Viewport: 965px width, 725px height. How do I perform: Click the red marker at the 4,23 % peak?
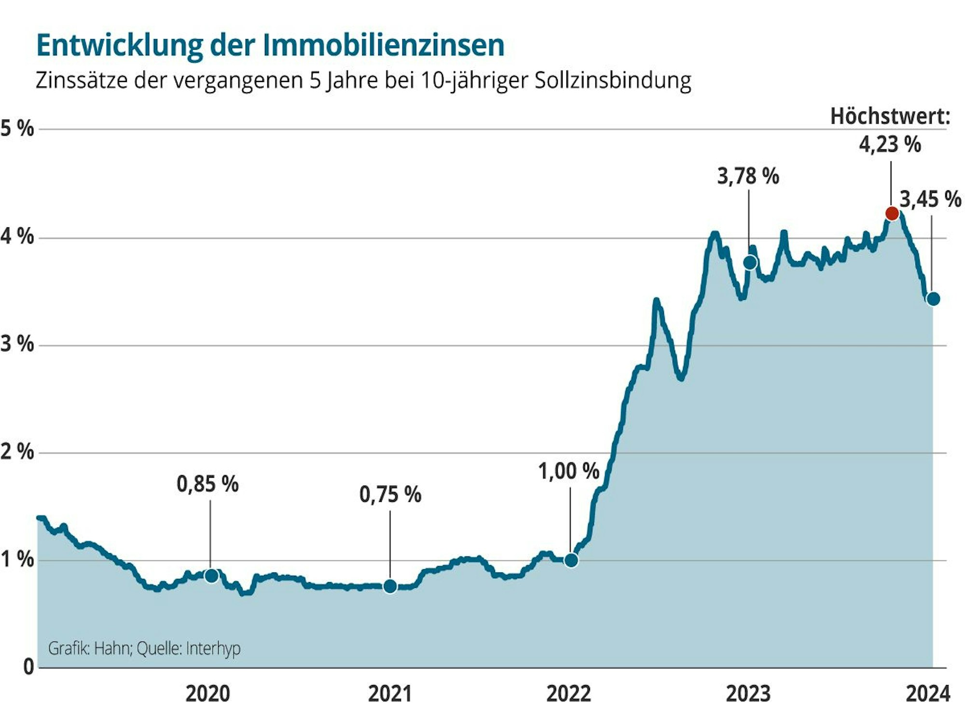coord(892,213)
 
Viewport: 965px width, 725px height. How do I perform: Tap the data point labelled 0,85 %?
coord(211,575)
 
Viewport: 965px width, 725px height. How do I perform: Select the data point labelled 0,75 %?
coord(390,586)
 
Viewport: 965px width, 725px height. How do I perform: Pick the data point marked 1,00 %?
coord(571,560)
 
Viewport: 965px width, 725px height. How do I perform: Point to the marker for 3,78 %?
coord(750,263)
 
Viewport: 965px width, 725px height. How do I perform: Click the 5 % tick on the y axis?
coord(17,129)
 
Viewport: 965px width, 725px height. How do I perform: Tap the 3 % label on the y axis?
coord(17,344)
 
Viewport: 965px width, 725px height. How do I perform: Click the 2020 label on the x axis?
coord(207,694)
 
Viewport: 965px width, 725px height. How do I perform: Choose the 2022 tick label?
coord(568,694)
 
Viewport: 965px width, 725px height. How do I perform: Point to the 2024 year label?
coord(928,694)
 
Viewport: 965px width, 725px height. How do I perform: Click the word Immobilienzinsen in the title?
coord(384,46)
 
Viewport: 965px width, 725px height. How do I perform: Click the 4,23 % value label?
coord(890,144)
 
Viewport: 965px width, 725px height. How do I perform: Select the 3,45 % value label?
coord(930,199)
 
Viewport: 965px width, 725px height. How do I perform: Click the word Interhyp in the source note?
coord(213,648)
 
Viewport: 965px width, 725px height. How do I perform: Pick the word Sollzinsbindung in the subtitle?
coord(613,80)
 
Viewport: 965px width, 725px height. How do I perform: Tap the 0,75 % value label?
coord(390,495)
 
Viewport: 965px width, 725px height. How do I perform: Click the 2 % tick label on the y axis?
coord(17,452)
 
